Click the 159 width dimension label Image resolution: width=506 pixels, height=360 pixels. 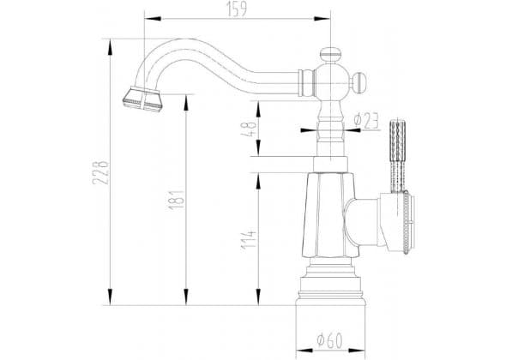[x=238, y=9]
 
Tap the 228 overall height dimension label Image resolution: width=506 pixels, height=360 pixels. [x=100, y=172]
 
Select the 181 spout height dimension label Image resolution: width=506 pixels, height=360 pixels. [x=177, y=200]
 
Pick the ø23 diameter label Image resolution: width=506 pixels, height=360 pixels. [x=366, y=120]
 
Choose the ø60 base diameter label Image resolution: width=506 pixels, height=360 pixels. [x=329, y=339]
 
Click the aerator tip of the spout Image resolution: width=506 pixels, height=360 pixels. [x=142, y=99]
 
